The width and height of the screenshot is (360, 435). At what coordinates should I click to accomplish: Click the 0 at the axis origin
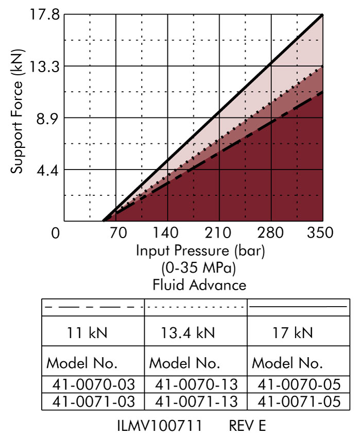point(56,233)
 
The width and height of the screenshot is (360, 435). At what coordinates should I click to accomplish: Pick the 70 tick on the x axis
point(118,233)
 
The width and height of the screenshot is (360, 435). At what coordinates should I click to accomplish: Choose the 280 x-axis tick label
point(271,233)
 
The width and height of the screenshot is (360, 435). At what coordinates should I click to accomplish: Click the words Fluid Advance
point(199,285)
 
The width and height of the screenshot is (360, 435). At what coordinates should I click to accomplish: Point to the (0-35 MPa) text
point(199,268)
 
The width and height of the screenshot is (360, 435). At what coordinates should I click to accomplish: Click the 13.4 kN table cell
point(195,333)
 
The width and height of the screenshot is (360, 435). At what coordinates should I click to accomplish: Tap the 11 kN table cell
point(88,333)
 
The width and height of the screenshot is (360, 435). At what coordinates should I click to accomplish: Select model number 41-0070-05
point(299,383)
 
